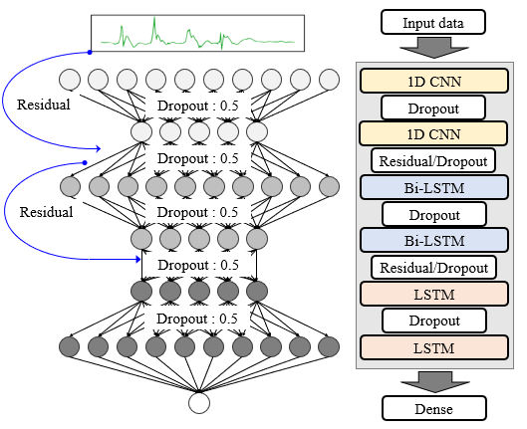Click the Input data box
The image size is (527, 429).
[433, 22]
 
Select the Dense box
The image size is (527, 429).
[434, 408]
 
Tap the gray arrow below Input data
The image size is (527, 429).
[434, 48]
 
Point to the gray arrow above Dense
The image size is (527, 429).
[435, 381]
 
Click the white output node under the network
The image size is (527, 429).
[199, 403]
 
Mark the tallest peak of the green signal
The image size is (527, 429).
[154, 18]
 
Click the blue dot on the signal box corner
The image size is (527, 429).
[90, 52]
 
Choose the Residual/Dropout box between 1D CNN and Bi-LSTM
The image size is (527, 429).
[433, 161]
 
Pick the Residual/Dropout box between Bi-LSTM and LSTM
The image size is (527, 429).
[433, 268]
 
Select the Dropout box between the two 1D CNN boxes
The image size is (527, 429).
[433, 107]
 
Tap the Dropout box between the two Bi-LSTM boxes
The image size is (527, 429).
[434, 214]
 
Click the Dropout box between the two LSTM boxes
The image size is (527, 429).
[434, 321]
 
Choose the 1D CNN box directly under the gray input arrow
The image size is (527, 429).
[434, 81]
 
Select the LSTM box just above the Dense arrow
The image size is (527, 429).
[434, 347]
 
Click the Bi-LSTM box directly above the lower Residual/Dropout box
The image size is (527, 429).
[434, 241]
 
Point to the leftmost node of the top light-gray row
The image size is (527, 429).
[70, 80]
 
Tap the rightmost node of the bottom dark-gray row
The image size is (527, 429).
[329, 346]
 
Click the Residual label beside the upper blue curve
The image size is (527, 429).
[44, 105]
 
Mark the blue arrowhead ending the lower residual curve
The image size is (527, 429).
[137, 259]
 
